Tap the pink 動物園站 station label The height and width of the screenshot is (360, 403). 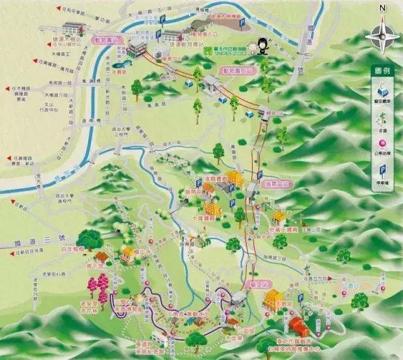click(108, 39)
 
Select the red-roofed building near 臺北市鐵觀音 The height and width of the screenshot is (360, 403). click(297, 325)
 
